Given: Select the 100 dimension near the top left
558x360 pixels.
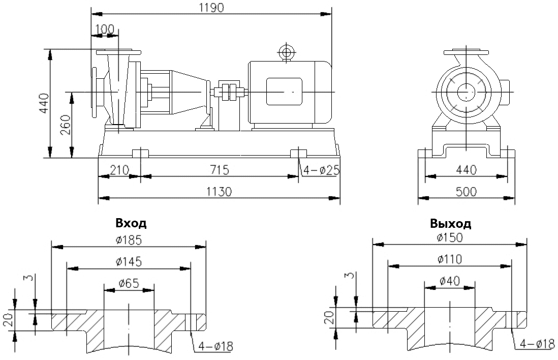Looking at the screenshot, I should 105,29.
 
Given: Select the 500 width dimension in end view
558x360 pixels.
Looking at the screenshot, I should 466,191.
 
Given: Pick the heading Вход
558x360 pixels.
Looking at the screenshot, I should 131,223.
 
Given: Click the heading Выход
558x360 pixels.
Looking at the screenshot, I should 450,224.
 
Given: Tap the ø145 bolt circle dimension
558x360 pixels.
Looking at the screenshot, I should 129,261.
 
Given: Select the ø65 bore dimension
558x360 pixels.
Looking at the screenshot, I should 129,283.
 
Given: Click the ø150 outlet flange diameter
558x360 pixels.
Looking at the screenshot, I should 449,237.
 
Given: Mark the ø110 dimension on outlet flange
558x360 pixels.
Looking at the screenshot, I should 449,259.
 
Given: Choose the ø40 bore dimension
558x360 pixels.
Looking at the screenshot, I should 449,281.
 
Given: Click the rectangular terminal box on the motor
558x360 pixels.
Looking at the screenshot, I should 284,92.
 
